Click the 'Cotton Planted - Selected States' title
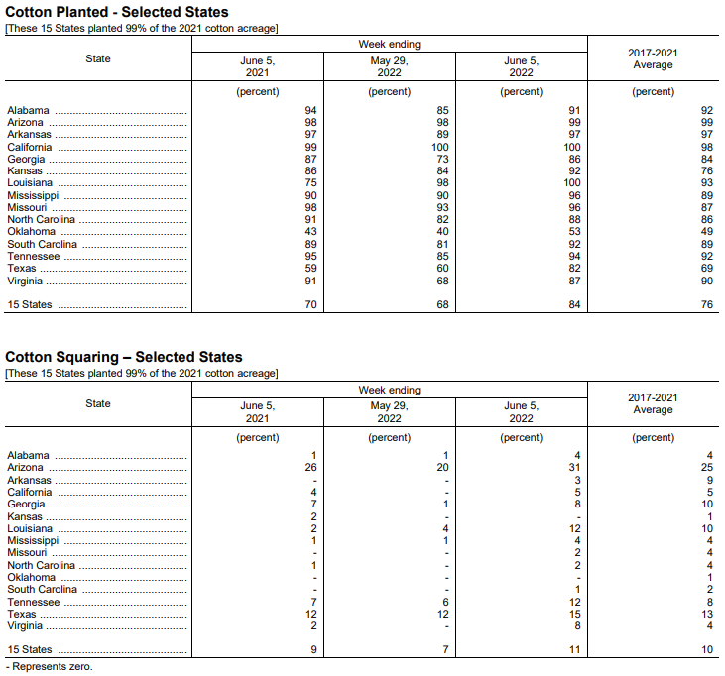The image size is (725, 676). pyautogui.click(x=117, y=12)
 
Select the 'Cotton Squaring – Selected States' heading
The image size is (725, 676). pyautogui.click(x=124, y=357)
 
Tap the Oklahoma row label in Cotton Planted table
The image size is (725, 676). pyautogui.click(x=32, y=232)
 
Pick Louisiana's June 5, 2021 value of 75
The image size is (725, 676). pyautogui.click(x=310, y=183)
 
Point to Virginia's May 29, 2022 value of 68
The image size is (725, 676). pyautogui.click(x=443, y=281)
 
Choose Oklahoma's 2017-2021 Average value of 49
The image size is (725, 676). pyautogui.click(x=707, y=232)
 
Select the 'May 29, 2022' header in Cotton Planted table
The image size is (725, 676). pyautogui.click(x=389, y=66)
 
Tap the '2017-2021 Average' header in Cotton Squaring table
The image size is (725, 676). pyautogui.click(x=653, y=403)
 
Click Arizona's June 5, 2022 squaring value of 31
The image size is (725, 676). pyautogui.click(x=574, y=468)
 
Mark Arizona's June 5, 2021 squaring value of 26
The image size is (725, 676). pyautogui.click(x=310, y=468)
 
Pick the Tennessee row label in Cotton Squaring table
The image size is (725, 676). pyautogui.click(x=34, y=602)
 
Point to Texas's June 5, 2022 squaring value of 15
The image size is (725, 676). pyautogui.click(x=574, y=615)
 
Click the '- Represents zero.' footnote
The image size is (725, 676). pyautogui.click(x=49, y=667)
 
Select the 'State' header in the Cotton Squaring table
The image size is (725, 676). pyautogui.click(x=98, y=403)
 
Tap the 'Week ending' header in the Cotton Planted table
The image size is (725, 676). pyautogui.click(x=389, y=45)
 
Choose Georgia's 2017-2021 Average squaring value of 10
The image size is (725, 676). pyautogui.click(x=707, y=504)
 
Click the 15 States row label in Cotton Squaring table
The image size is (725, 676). pyautogui.click(x=30, y=650)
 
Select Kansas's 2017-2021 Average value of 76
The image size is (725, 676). pyautogui.click(x=707, y=171)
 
